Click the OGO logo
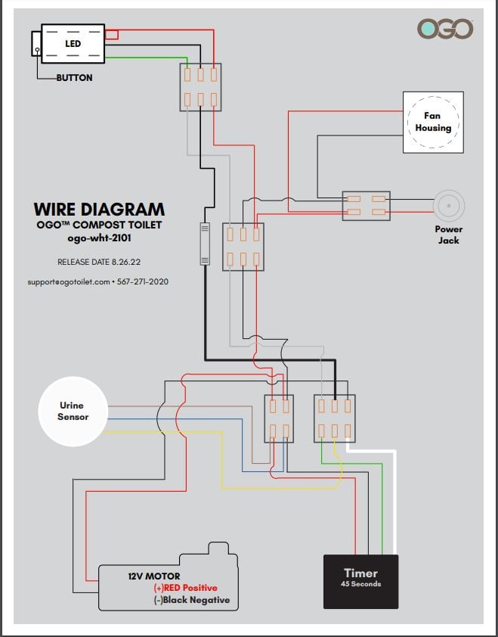coord(445,30)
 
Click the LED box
coord(73,43)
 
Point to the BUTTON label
coord(74,78)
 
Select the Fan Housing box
coord(432,122)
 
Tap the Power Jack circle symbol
coord(448,206)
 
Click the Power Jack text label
coord(448,235)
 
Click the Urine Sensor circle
coord(73,412)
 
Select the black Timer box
coord(360,581)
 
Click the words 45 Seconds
coord(360,584)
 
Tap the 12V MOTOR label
coord(153,576)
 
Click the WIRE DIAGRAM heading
coord(99,210)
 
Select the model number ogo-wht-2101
coord(99,238)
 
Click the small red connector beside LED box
coord(111,34)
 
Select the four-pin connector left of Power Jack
coord(366,206)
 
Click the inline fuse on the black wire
coord(204,244)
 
